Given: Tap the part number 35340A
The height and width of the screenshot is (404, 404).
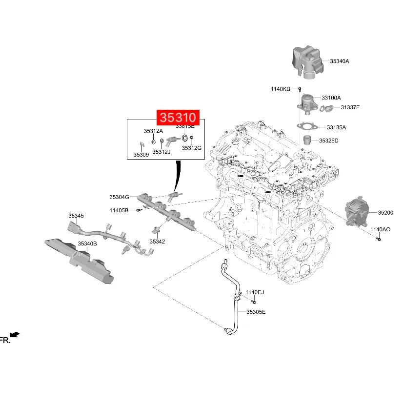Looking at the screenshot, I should (x=340, y=61).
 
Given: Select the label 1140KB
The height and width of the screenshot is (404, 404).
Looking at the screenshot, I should (x=281, y=89).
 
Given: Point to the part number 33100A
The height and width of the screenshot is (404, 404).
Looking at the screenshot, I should (x=331, y=98).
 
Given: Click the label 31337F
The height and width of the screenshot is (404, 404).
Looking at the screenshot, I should (x=350, y=107).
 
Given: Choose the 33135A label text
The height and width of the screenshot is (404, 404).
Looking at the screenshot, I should (x=336, y=127).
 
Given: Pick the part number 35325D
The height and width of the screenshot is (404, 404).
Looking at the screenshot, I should (x=329, y=141).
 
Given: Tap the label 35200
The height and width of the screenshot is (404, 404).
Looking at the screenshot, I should (x=385, y=213).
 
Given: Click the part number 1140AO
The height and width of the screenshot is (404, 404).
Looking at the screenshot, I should (x=380, y=229).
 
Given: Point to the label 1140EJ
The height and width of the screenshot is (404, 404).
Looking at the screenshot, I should (x=254, y=292).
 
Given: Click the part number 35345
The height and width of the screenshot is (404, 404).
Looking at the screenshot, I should (x=76, y=216).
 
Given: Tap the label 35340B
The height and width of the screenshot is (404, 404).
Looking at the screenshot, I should (x=87, y=243).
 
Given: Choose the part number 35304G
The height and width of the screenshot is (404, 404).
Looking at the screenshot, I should (x=119, y=197).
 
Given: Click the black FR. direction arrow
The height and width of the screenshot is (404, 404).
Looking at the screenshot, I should (x=15, y=334).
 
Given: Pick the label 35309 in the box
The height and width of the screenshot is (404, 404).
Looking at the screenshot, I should (x=141, y=155).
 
